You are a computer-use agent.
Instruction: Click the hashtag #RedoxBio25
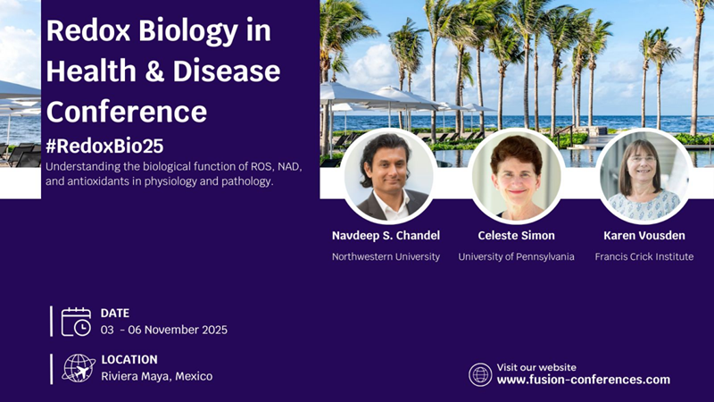coord(104,146)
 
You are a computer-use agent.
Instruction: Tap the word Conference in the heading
coord(127,112)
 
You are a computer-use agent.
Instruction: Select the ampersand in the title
coord(154,71)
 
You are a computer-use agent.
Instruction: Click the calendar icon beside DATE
coord(76,322)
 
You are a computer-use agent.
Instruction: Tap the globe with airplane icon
coord(79,368)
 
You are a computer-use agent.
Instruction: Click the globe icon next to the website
coord(480,374)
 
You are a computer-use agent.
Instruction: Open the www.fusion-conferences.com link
coord(584,380)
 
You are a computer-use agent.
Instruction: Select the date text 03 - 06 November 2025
coord(164,330)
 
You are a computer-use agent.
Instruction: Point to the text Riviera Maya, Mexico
coord(157,376)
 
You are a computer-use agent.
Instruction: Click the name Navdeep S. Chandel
coord(386,236)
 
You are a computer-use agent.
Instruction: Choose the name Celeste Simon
coord(517,236)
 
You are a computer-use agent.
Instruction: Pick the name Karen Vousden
coord(644,236)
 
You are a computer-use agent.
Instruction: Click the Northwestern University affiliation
coord(386,256)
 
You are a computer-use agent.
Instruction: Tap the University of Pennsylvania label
coord(516,256)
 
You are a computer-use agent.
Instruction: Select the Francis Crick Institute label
coord(644,256)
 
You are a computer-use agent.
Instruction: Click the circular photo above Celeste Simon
coord(517,176)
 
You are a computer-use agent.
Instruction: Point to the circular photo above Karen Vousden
coord(644,176)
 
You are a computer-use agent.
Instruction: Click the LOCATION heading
coord(129,360)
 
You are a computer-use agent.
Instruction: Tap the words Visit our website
coord(536,367)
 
